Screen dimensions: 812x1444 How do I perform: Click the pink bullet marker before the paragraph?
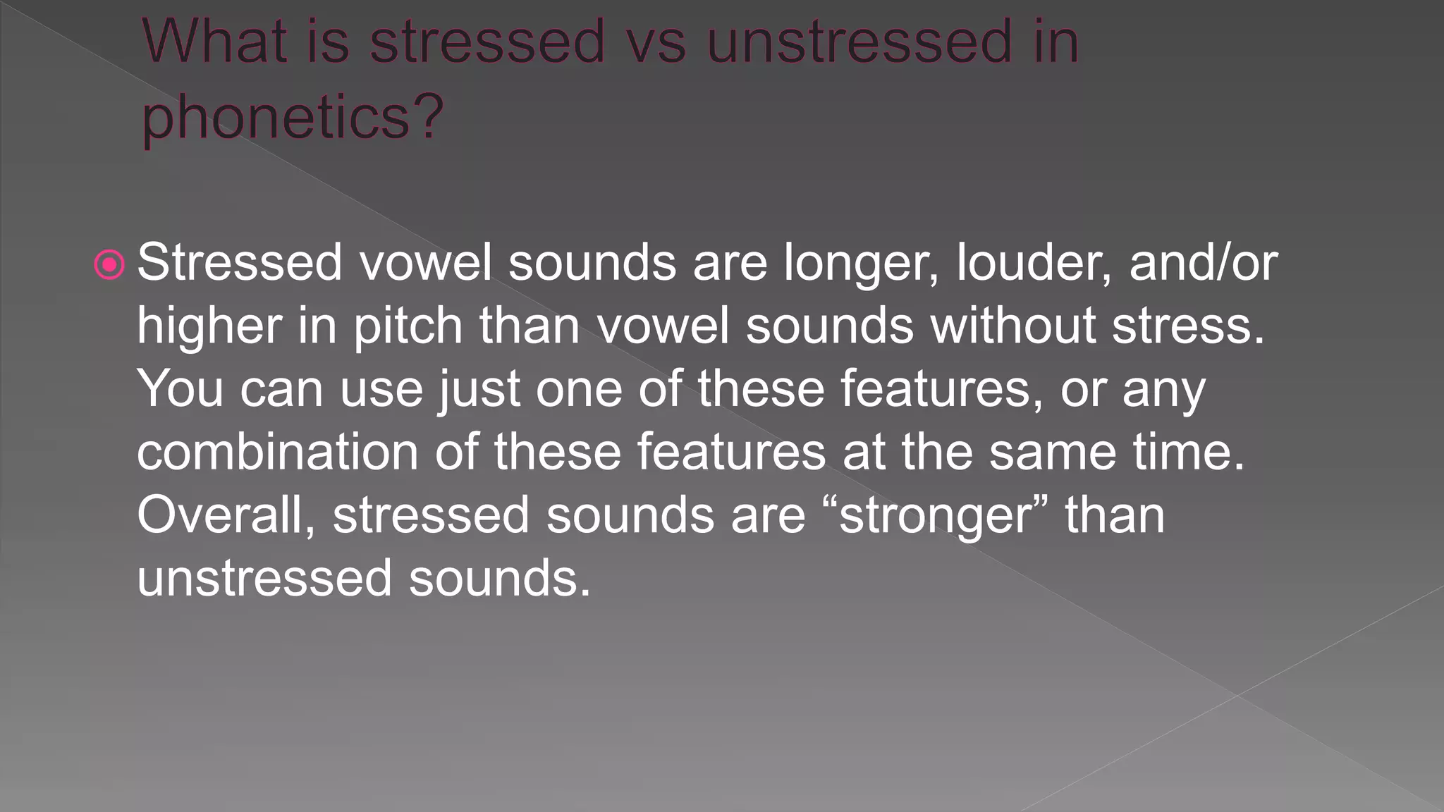(x=109, y=265)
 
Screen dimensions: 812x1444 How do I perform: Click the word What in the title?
(x=214, y=42)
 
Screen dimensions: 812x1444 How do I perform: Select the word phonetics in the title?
(x=276, y=117)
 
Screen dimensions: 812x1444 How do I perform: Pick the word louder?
(x=1034, y=262)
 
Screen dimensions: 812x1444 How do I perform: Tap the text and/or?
(x=1203, y=262)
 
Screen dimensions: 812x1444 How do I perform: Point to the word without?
(x=1012, y=326)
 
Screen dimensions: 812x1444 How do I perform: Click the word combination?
(x=278, y=452)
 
